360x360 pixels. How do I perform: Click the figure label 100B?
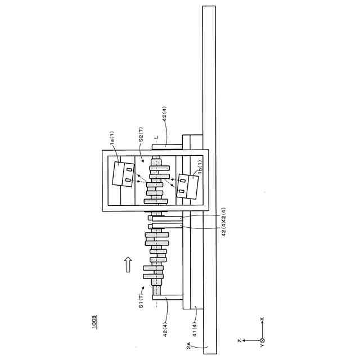pyautogui.click(x=94, y=323)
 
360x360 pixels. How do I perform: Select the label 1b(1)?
pyautogui.click(x=200, y=167)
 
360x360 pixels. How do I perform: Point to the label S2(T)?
pyautogui.click(x=141, y=134)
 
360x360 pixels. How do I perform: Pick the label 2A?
pyautogui.click(x=188, y=345)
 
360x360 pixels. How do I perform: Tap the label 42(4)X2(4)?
pyautogui.click(x=223, y=222)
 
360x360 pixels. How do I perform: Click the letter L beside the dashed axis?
pyautogui.click(x=156, y=137)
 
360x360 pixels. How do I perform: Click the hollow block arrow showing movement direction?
pyautogui.click(x=128, y=264)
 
